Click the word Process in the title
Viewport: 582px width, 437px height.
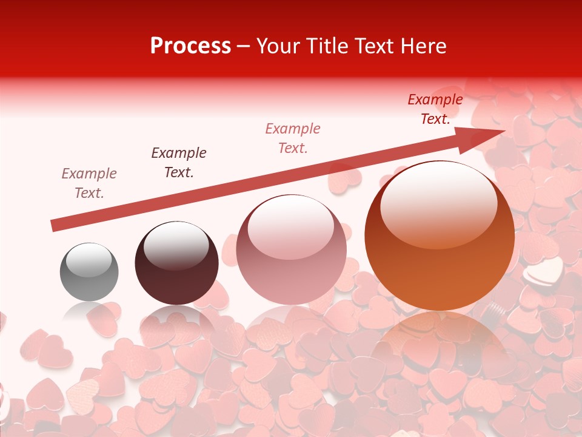click(190, 46)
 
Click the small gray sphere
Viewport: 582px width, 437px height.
click(89, 272)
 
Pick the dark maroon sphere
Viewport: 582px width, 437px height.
click(176, 263)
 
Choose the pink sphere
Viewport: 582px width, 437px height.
click(291, 249)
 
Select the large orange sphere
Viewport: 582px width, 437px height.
click(440, 235)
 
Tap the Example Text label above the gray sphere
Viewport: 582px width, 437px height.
click(89, 183)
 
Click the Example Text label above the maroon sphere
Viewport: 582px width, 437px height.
click(179, 163)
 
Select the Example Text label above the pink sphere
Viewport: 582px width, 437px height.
click(293, 138)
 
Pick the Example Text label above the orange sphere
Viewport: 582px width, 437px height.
click(435, 109)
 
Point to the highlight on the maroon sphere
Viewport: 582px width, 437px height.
click(176, 244)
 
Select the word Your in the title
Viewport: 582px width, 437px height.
click(276, 46)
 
